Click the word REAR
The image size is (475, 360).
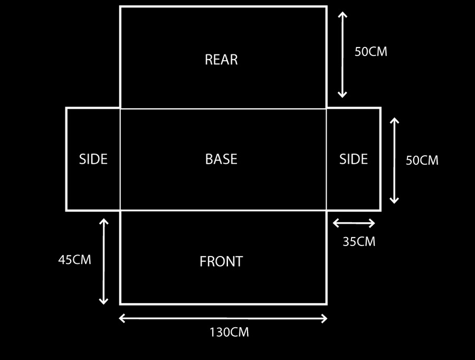(x=221, y=60)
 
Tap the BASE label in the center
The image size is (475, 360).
(x=221, y=159)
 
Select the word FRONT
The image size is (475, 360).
(x=221, y=261)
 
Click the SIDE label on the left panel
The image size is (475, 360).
(x=93, y=159)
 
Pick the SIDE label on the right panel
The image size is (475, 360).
(x=354, y=159)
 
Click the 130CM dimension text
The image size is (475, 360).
(x=230, y=333)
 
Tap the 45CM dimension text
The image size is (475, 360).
(x=74, y=260)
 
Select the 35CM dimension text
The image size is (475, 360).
(x=359, y=242)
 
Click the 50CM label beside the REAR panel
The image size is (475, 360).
(x=371, y=52)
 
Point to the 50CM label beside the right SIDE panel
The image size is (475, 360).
(x=422, y=160)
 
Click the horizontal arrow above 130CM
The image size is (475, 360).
(x=223, y=318)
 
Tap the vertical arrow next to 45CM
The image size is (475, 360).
(x=103, y=261)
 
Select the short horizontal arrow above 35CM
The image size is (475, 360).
(x=354, y=223)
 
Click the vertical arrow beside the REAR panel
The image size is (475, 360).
(x=343, y=54)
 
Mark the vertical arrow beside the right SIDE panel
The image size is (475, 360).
(x=394, y=160)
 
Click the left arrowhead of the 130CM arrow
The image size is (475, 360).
(x=121, y=318)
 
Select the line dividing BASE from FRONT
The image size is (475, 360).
(x=223, y=210)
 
